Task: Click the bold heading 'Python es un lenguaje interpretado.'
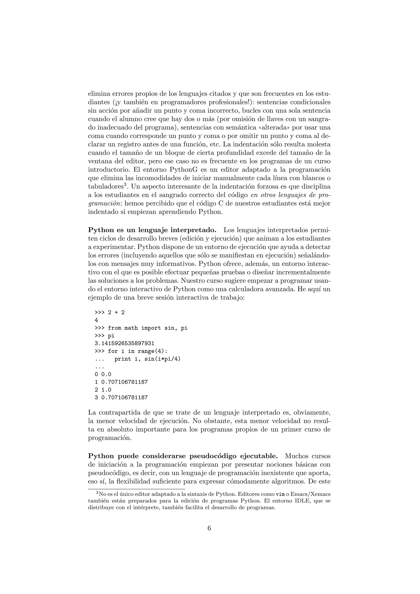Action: pyautogui.click(x=152, y=230)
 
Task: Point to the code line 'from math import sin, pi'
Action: pyautogui.click(x=147, y=328)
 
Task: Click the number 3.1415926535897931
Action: pyautogui.click(x=124, y=343)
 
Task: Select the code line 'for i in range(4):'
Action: pyautogui.click(x=138, y=351)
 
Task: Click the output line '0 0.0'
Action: pyautogui.click(x=103, y=374)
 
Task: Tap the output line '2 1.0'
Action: pyautogui.click(x=103, y=390)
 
